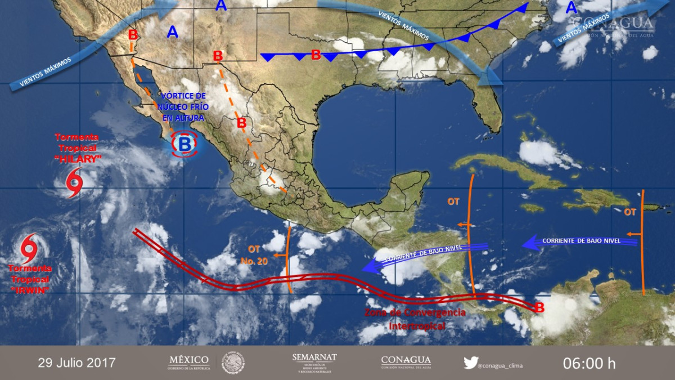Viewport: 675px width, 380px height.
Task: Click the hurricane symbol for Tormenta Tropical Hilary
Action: [74, 182]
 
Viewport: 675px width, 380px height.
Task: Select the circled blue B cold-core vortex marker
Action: [184, 144]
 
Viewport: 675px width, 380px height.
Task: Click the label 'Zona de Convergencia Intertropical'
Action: [416, 319]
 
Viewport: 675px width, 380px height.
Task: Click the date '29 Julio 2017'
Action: [76, 363]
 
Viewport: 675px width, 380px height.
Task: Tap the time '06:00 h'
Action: [589, 363]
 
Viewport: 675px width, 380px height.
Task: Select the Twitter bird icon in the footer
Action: [470, 363]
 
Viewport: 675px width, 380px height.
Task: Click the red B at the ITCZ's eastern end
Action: [539, 308]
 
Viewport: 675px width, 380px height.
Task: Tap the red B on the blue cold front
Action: [316, 55]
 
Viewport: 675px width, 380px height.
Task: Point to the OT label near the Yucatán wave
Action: [453, 201]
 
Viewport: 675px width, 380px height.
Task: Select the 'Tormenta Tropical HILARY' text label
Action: [78, 149]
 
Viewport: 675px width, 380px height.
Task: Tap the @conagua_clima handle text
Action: [500, 366]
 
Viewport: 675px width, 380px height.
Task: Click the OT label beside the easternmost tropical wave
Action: [629, 212]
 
